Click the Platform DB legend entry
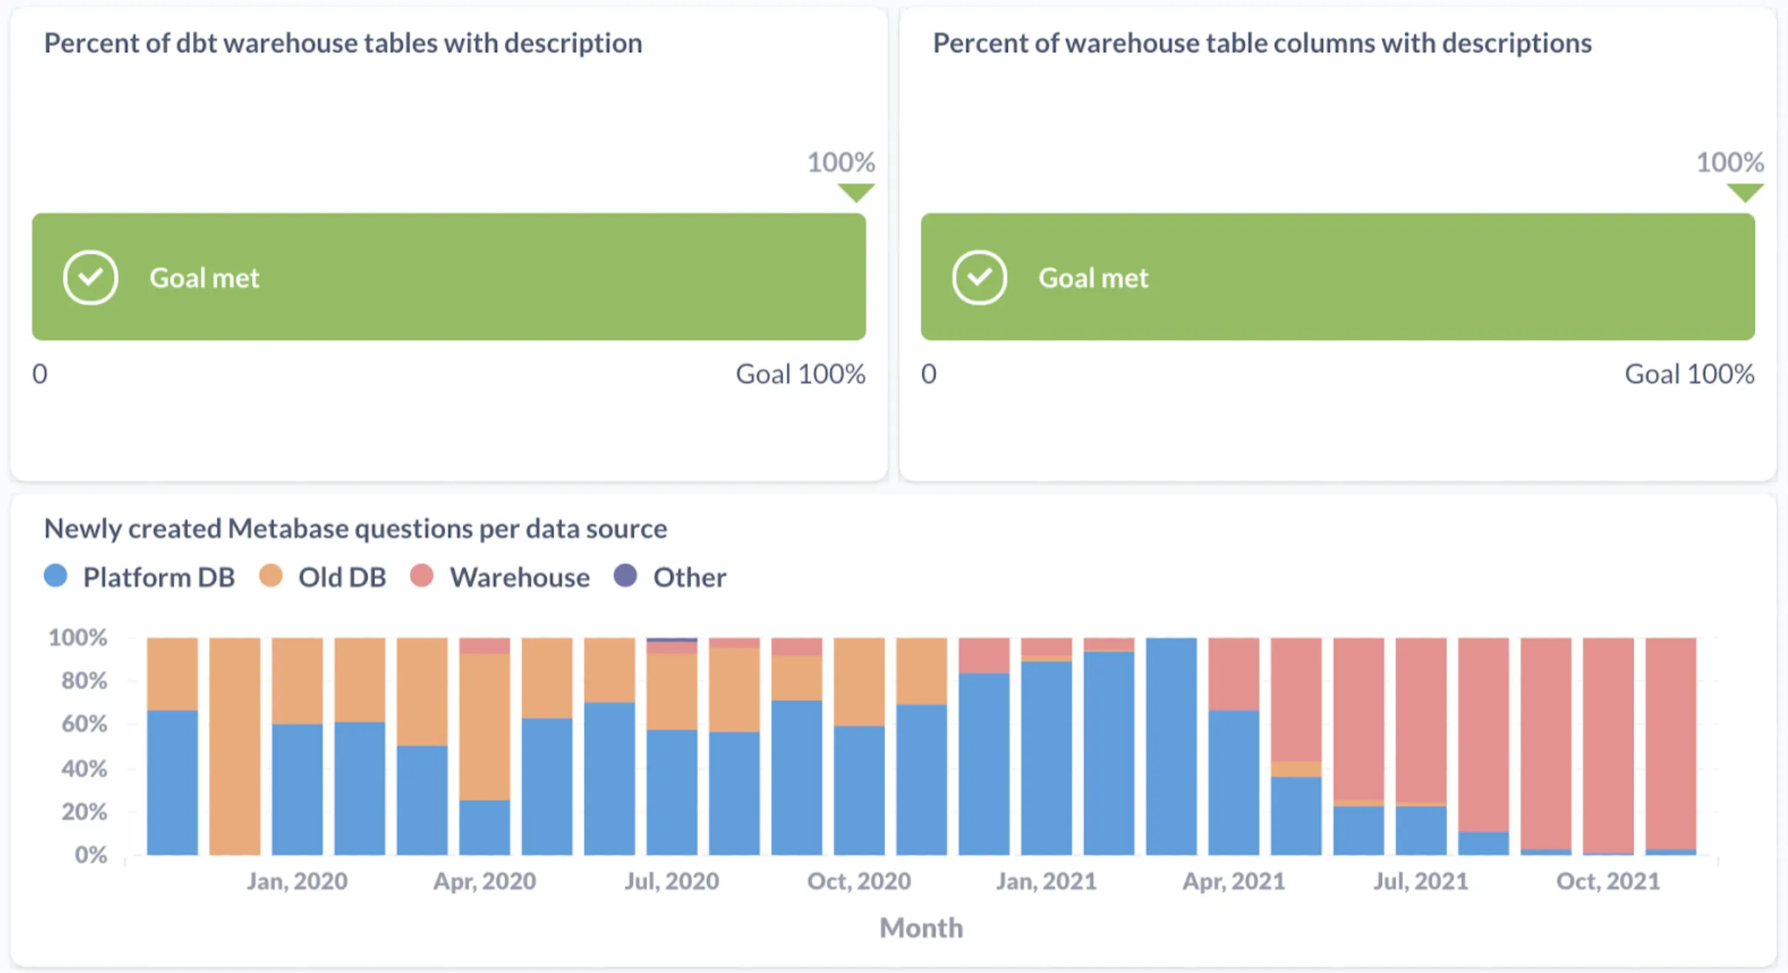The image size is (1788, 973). tap(140, 577)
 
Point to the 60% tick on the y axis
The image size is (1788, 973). tap(84, 723)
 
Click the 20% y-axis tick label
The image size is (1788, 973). tap(84, 812)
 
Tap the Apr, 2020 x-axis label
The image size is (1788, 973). tap(484, 881)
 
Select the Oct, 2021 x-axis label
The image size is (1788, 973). tap(1608, 881)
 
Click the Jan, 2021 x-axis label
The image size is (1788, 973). tap(1046, 881)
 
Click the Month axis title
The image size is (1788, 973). tap(921, 928)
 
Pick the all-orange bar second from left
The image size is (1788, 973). tap(234, 747)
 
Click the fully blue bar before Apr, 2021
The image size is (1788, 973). tap(1171, 747)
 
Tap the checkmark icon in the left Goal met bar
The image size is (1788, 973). tap(90, 278)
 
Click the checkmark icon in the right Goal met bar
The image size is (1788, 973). tap(979, 278)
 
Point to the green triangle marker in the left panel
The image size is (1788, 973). tap(856, 192)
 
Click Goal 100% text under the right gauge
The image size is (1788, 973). tap(1689, 374)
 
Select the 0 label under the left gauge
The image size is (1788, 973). tap(40, 374)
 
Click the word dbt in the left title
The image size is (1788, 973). tap(196, 43)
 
